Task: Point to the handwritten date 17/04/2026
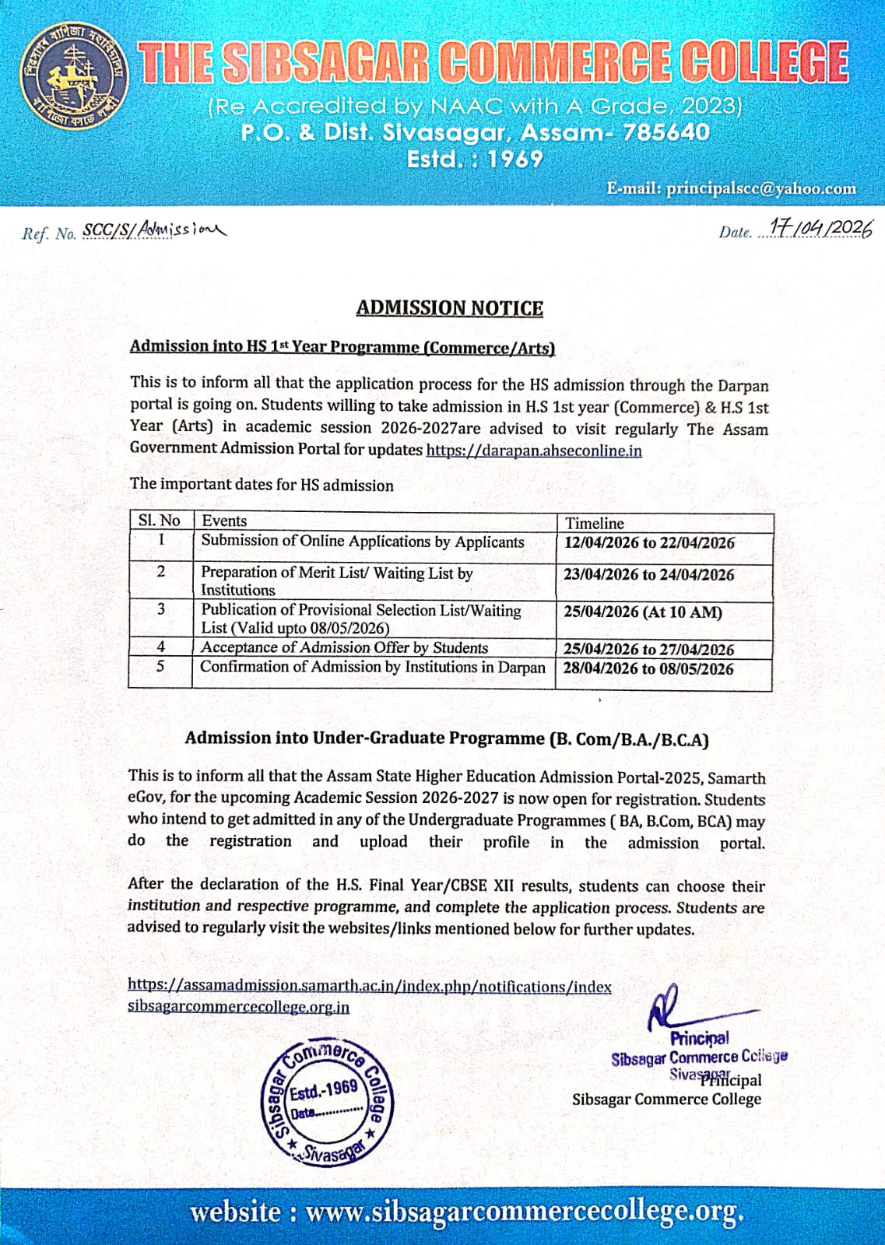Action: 820,228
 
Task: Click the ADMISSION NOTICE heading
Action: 449,308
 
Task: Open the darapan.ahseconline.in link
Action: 534,451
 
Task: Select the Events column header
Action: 224,521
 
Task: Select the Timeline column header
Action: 595,524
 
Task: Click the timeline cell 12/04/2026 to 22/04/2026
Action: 649,543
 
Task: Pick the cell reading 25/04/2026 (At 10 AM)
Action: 643,612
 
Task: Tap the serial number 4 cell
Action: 160,646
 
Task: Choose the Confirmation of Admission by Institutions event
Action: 373,667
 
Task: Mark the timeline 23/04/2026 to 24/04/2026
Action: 649,575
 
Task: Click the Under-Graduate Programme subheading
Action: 446,738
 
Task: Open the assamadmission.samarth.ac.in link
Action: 369,986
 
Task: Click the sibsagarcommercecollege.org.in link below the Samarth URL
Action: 238,1007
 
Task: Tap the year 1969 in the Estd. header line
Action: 515,159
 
